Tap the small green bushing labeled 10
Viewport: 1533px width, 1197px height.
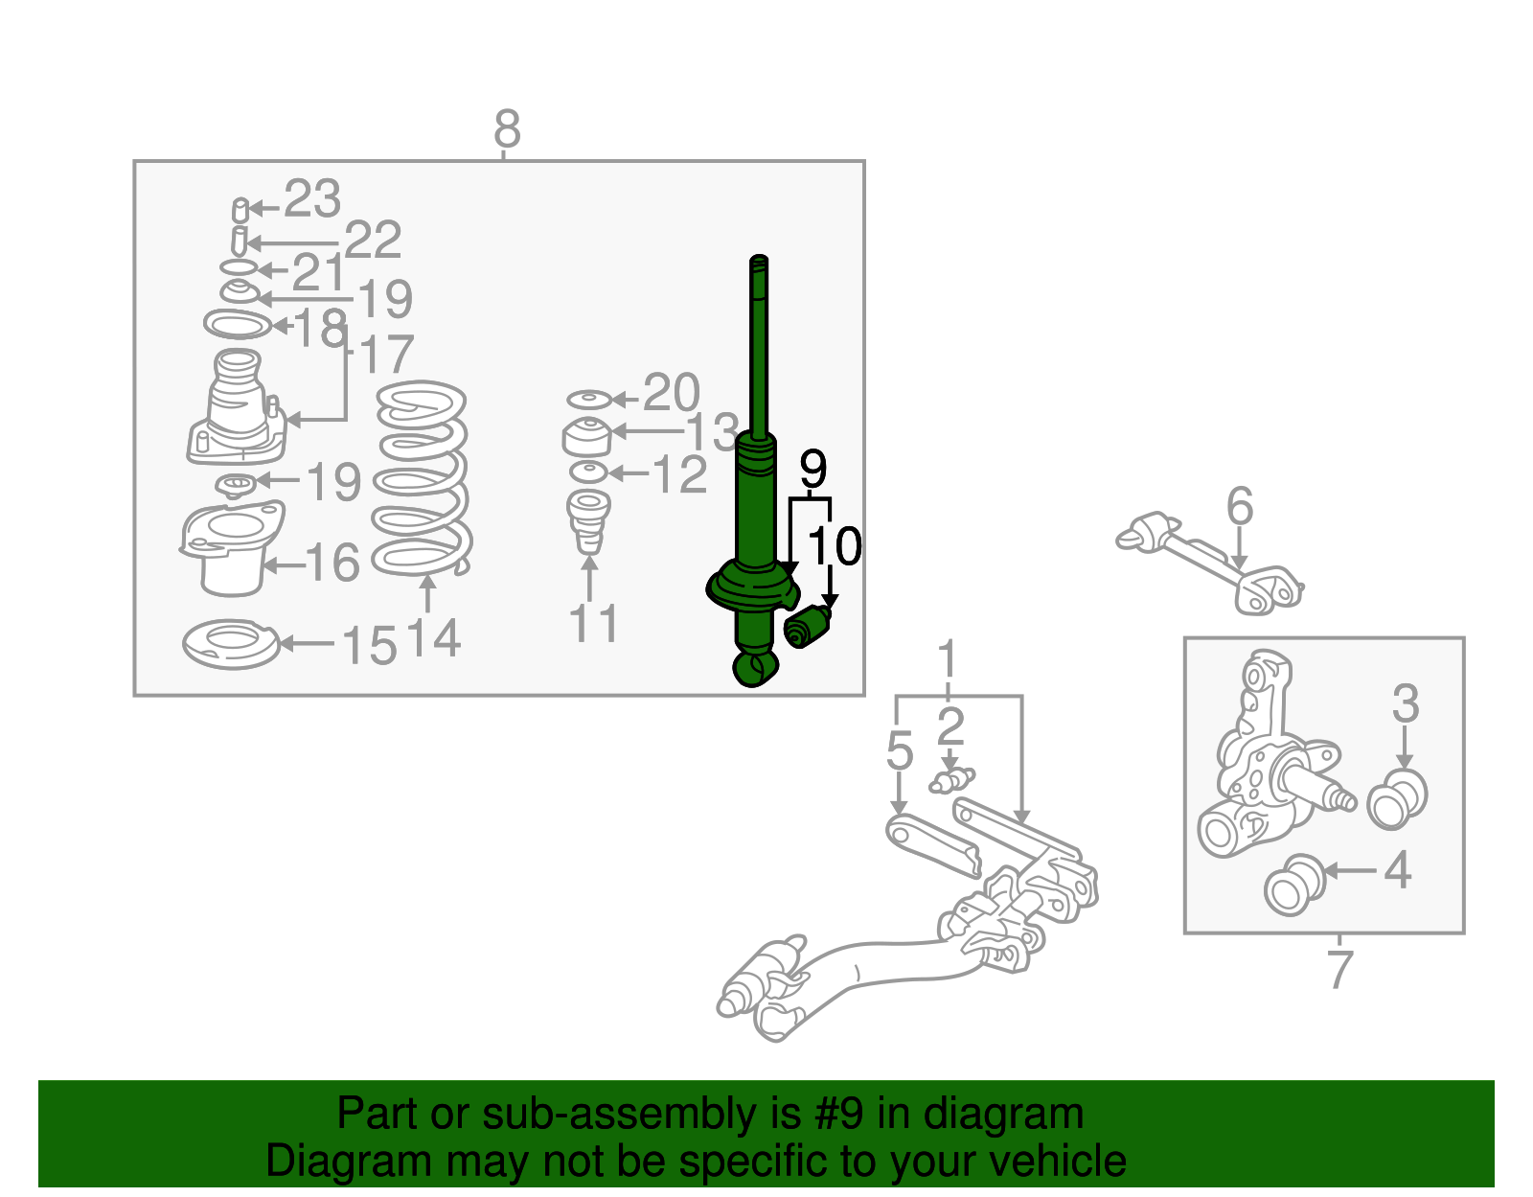[x=807, y=629]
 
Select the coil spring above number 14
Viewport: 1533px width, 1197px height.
[x=420, y=479]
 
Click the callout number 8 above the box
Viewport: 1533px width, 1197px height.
[x=507, y=129]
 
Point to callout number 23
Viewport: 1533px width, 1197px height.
[x=312, y=200]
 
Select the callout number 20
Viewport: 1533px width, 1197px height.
[x=671, y=393]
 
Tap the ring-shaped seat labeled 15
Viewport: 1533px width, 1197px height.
[x=231, y=644]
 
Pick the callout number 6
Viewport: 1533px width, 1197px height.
[x=1240, y=506]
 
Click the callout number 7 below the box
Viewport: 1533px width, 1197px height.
[x=1339, y=970]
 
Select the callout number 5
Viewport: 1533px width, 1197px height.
[x=899, y=751]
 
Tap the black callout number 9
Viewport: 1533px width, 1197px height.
[x=812, y=470]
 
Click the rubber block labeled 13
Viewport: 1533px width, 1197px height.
[x=586, y=438]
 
